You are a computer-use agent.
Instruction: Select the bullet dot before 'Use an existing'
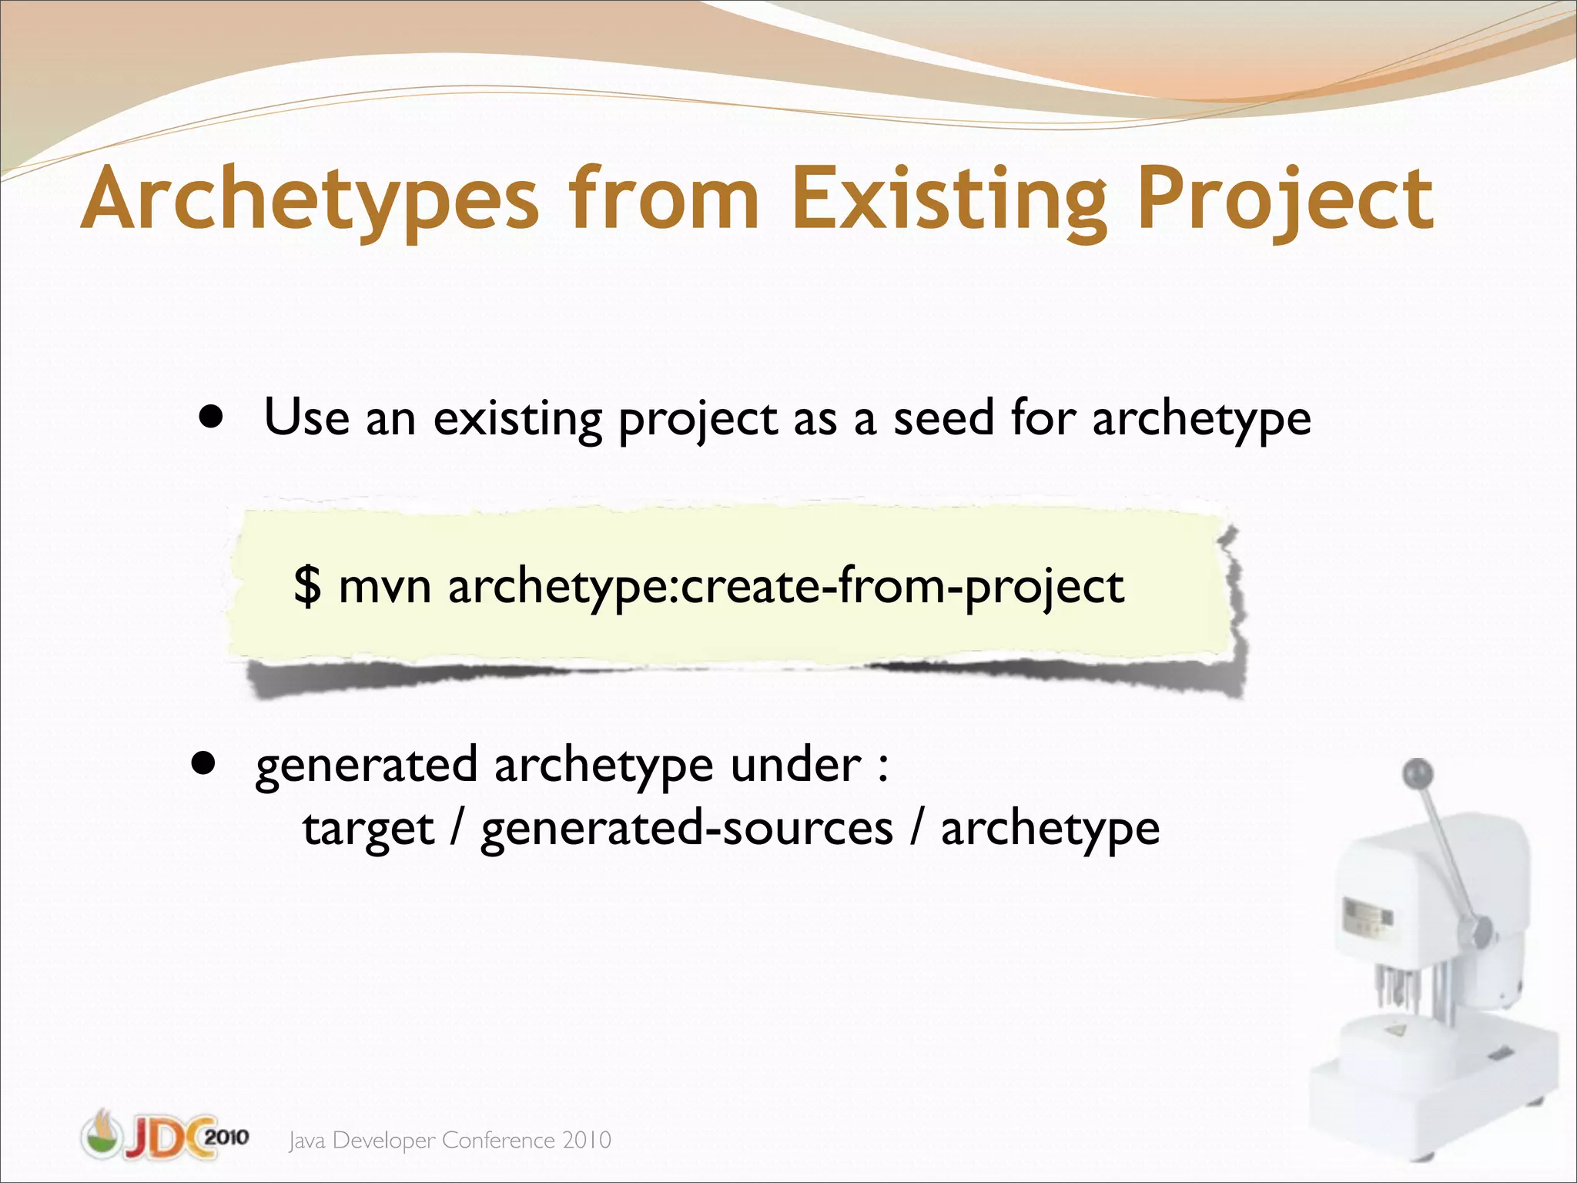(210, 418)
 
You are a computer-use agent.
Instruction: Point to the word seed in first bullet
(943, 418)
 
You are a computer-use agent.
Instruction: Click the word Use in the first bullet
(306, 418)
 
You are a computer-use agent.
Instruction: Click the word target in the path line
(368, 829)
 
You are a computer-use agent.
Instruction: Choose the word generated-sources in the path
(686, 829)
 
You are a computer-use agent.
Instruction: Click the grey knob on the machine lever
(1418, 772)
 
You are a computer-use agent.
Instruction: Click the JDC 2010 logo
(165, 1136)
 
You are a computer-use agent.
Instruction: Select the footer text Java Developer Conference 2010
(450, 1140)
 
